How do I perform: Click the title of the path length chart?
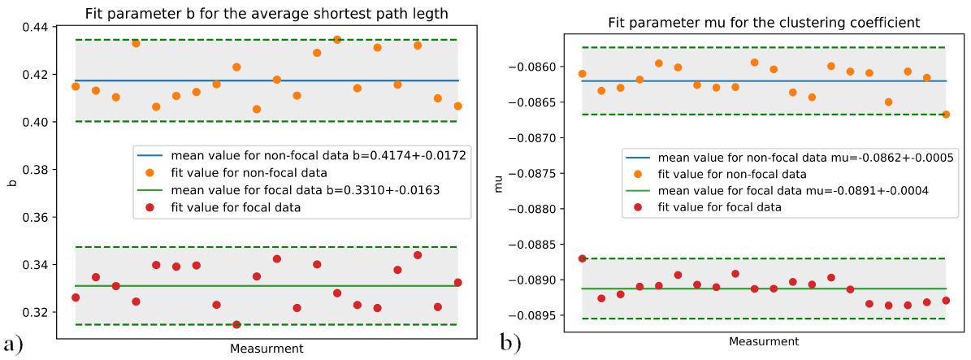(x=266, y=11)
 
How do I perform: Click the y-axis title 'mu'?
(x=501, y=186)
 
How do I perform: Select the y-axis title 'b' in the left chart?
(x=11, y=182)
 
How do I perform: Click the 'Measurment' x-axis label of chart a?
(x=266, y=349)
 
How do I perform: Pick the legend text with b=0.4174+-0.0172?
(x=317, y=154)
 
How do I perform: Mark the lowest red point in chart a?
(x=236, y=324)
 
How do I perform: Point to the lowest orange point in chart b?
(x=946, y=114)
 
